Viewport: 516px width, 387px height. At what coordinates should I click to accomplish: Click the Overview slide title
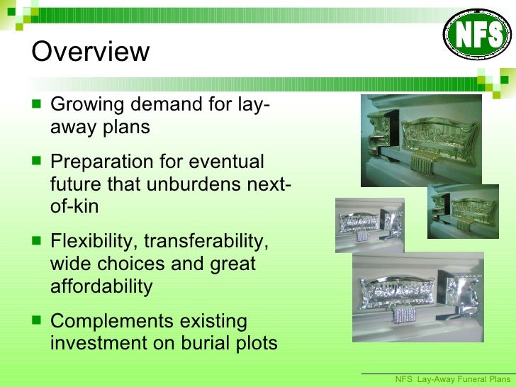tap(91, 52)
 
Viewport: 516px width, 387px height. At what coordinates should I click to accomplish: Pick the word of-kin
tap(74, 206)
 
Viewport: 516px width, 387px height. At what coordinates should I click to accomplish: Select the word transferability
tap(206, 241)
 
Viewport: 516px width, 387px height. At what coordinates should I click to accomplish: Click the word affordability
tap(101, 286)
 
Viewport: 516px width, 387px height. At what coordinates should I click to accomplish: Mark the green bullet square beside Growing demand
tap(37, 106)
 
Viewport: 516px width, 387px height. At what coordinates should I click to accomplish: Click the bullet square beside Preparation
tap(37, 162)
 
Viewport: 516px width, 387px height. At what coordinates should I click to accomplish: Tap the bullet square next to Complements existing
tap(37, 322)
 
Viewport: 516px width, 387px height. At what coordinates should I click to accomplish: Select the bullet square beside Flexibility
tap(37, 242)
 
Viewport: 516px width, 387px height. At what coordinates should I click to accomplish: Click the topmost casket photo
tap(421, 140)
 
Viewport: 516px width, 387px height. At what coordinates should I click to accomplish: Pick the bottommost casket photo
tap(418, 296)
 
